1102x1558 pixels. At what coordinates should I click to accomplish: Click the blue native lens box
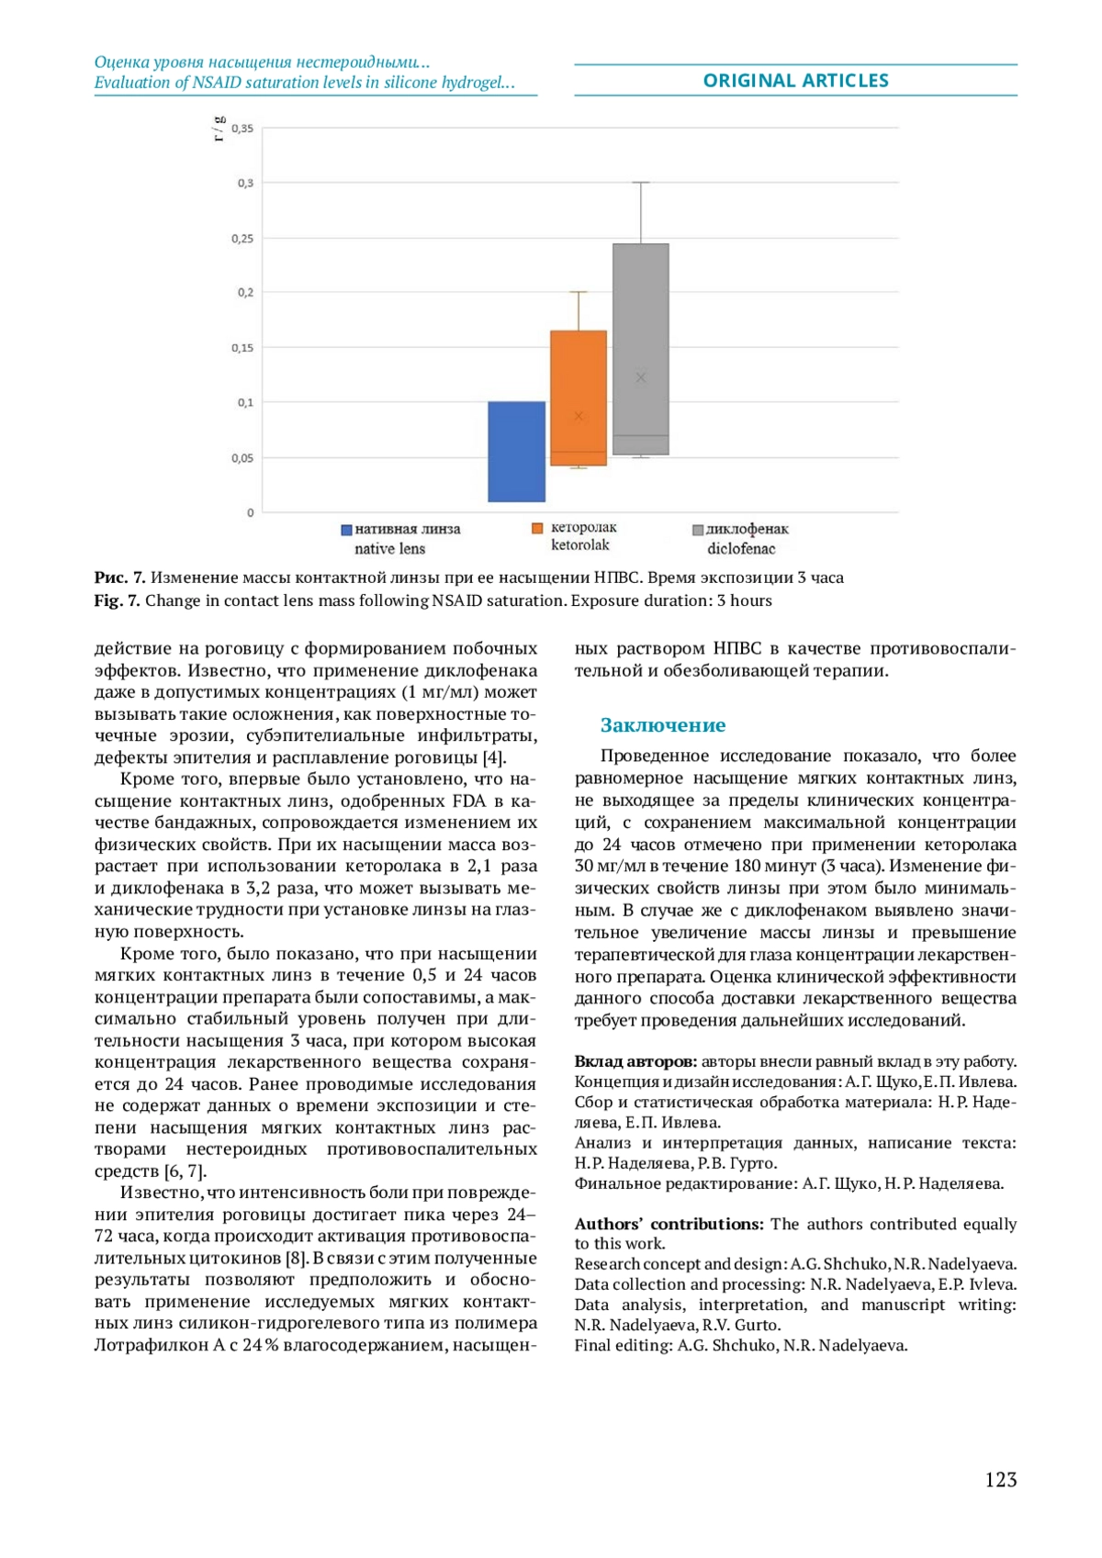[x=516, y=451]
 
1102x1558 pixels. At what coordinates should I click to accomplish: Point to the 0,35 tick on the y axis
[x=242, y=129]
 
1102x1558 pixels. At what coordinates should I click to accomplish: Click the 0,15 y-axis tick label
[x=242, y=348]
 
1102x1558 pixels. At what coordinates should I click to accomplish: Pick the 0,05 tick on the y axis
[x=242, y=458]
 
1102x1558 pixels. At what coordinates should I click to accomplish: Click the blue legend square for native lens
[x=347, y=530]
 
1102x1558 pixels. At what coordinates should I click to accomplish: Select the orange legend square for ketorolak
[x=538, y=528]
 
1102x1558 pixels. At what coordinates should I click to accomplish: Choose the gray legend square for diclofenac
[x=698, y=530]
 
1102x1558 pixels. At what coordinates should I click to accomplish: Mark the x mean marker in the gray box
[x=641, y=377]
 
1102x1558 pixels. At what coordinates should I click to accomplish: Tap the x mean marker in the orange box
[x=579, y=417]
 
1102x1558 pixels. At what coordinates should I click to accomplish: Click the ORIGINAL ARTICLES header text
[x=795, y=81]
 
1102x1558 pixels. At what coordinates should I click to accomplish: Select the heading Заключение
[x=662, y=725]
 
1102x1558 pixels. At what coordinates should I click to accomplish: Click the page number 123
[x=1000, y=1479]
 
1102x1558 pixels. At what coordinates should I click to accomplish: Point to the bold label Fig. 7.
[x=117, y=600]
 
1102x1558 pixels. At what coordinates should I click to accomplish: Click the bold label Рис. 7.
[x=119, y=577]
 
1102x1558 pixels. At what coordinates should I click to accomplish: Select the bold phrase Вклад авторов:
[x=635, y=1061]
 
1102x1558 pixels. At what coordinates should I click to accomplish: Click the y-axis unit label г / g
[x=219, y=129]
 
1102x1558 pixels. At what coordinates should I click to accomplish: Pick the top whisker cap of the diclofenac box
[x=641, y=183]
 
